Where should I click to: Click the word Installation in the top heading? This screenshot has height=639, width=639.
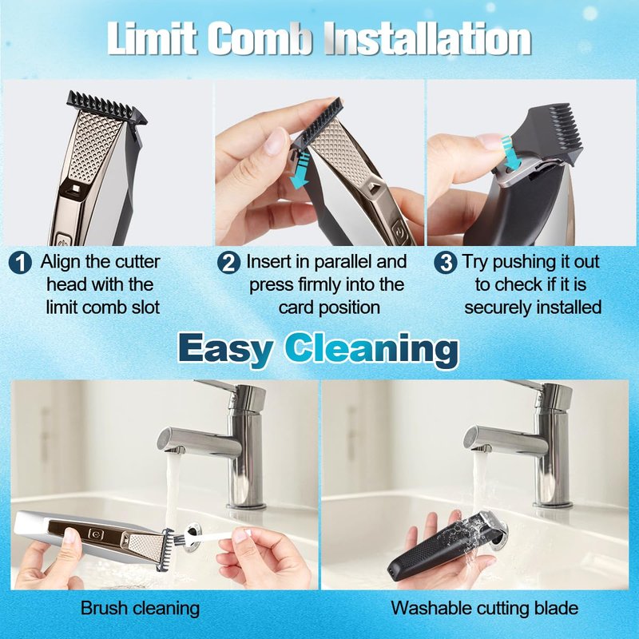428,38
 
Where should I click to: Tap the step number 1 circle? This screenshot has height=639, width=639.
20,263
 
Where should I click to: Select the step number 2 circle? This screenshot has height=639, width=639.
228,263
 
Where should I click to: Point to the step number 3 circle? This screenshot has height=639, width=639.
446,263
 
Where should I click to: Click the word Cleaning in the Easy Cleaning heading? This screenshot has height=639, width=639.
371,349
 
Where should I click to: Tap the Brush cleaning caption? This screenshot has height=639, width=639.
141,609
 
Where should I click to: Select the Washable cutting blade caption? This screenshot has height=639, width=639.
485,609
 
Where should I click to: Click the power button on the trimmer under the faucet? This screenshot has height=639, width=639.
96,534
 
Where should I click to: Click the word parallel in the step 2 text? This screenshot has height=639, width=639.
343,262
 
